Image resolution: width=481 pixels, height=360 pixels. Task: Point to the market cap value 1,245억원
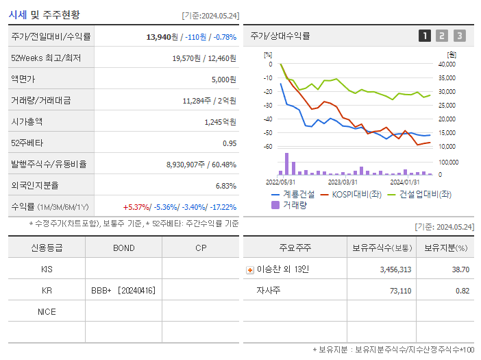[x=220, y=122]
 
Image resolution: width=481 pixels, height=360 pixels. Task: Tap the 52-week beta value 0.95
[x=229, y=143]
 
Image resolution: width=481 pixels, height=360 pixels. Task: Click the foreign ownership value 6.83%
[x=225, y=186]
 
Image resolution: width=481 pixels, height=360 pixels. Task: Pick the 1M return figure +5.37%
[x=136, y=207]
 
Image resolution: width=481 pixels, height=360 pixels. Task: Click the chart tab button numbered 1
[x=425, y=36]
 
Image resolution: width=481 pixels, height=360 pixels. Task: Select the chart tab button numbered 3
[x=459, y=36]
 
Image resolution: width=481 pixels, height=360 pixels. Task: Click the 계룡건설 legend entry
[x=293, y=194]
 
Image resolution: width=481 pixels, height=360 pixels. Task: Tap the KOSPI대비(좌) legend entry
[x=351, y=194]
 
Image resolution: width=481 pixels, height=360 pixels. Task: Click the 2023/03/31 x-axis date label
[x=343, y=182]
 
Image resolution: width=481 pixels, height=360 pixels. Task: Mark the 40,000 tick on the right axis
[x=446, y=64]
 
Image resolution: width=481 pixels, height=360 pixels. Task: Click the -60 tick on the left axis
[x=268, y=147]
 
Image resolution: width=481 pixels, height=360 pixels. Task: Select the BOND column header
[x=123, y=248]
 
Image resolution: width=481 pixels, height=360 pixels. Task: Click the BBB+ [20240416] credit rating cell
[x=123, y=291]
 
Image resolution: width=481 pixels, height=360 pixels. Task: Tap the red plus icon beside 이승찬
[x=250, y=269]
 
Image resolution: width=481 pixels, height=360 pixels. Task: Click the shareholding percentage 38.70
[x=460, y=269]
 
